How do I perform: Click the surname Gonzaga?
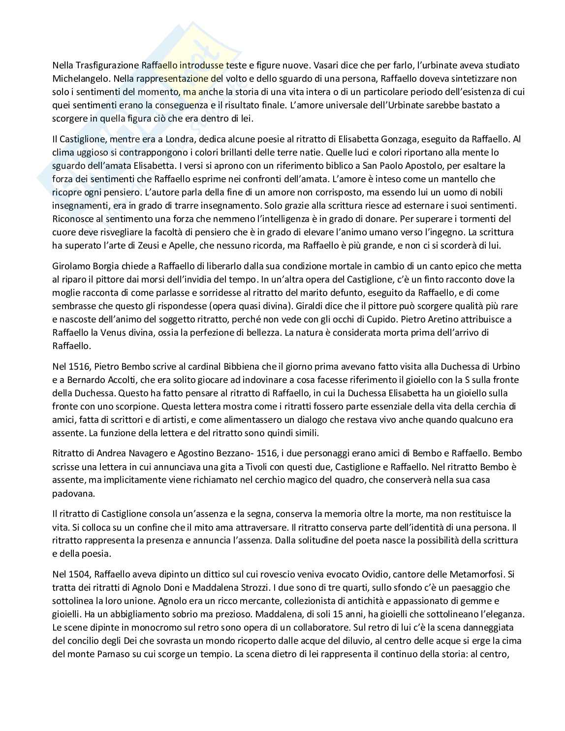click(x=403, y=139)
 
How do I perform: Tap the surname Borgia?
click(x=103, y=266)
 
